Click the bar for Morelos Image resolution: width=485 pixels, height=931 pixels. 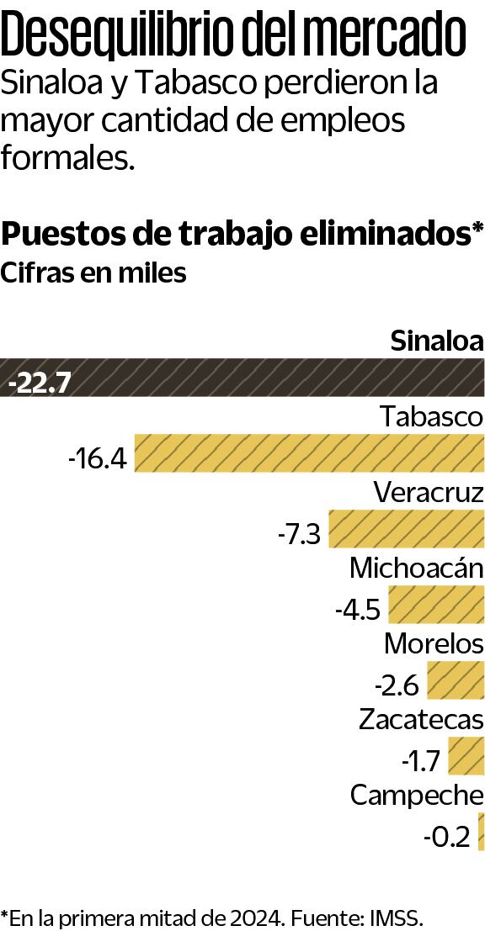click(x=456, y=680)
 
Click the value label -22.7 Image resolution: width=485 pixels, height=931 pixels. click(x=39, y=384)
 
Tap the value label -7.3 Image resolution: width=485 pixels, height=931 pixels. click(x=299, y=535)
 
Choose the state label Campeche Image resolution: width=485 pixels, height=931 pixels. click(x=417, y=796)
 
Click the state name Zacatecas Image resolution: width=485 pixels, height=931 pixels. click(x=421, y=720)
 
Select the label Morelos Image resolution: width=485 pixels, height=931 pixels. click(x=434, y=644)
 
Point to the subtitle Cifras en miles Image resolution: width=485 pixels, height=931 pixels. click(x=93, y=273)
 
